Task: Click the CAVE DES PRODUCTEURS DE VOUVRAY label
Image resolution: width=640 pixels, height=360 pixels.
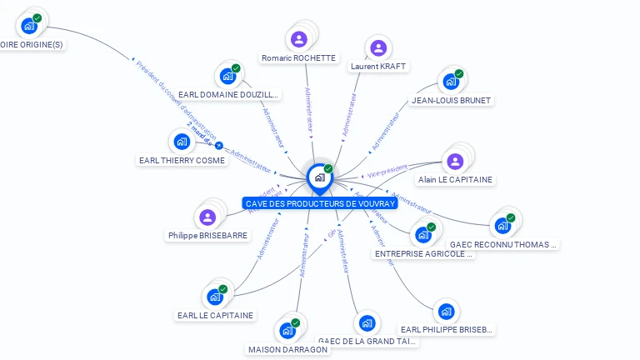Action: pos(320,203)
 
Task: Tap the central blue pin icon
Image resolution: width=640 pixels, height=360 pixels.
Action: pos(319,177)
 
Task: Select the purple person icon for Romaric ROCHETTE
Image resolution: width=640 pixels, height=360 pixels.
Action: pos(299,38)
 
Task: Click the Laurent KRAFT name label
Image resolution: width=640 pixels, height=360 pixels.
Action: pos(378,66)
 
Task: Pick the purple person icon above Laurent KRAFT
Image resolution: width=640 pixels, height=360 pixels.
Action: pos(378,47)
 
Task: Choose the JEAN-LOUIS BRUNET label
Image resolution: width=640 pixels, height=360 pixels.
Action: pos(452,100)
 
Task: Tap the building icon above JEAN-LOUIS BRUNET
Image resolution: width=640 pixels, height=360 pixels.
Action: pos(451,82)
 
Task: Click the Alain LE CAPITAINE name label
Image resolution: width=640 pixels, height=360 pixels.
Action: pos(455,180)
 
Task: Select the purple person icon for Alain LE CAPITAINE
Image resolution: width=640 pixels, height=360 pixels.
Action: pos(455,161)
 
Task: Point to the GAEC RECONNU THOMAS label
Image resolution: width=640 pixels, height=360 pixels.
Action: pos(503,245)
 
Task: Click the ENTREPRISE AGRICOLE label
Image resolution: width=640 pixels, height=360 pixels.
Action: pos(424,253)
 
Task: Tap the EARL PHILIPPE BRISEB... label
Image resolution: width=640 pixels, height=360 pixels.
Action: pos(447,330)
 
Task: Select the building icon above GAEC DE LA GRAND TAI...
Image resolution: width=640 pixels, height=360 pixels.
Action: pos(367,322)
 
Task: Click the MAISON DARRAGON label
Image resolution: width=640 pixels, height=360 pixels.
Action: pos(288,349)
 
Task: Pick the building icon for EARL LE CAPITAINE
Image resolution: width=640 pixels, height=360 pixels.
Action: pos(215,296)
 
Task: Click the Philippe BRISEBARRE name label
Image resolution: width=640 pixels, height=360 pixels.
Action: pos(207,236)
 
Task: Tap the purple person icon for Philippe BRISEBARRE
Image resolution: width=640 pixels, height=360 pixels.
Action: pos(207,217)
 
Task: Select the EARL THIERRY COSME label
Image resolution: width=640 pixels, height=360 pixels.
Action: pos(182,160)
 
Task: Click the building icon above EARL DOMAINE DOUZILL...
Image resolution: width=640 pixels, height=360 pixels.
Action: pos(227,77)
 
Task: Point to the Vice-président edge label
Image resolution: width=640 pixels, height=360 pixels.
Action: pos(387,171)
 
